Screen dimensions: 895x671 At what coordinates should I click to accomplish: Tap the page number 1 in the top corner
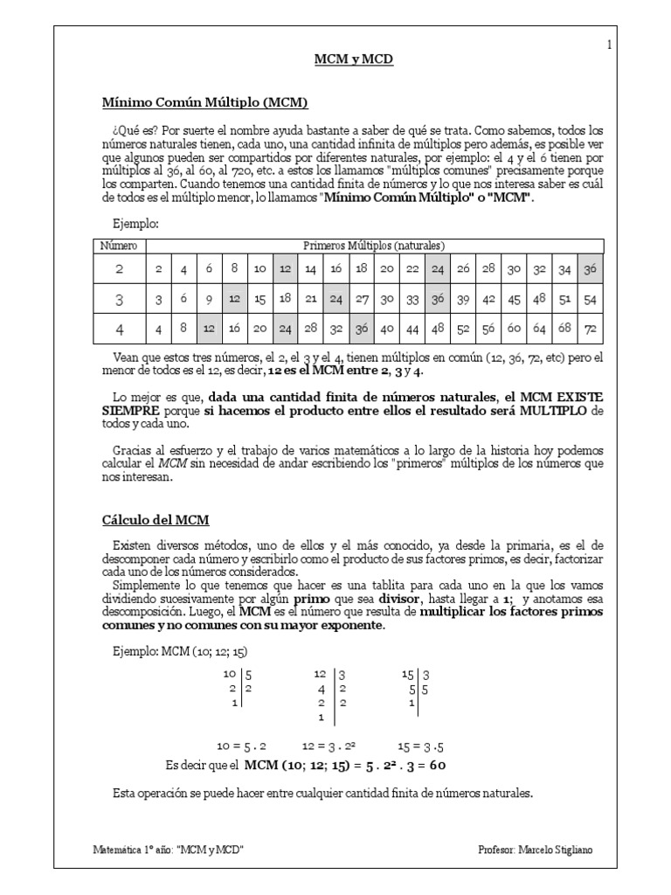coord(608,45)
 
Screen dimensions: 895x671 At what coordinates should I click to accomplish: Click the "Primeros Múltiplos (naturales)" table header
coord(374,246)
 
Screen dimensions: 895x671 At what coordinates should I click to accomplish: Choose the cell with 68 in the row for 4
coord(564,330)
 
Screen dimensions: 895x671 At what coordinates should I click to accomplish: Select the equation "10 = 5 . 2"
coord(241,746)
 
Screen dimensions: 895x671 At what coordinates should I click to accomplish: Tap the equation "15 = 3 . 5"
coord(421,746)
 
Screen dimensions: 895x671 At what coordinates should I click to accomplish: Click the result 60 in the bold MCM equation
coord(438,766)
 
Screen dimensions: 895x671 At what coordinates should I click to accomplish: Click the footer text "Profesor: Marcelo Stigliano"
coord(540,850)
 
